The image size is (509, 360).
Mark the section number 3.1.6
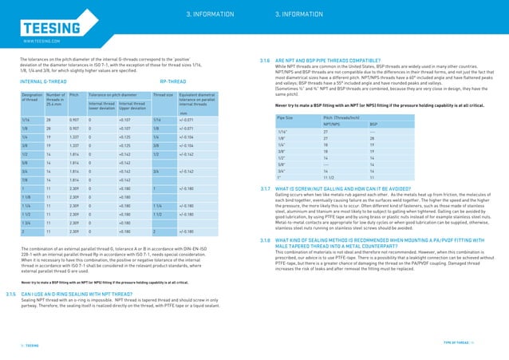(x=265, y=60)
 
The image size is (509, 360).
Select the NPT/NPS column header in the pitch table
(x=333, y=125)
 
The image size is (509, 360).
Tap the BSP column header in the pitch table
(x=373, y=125)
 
